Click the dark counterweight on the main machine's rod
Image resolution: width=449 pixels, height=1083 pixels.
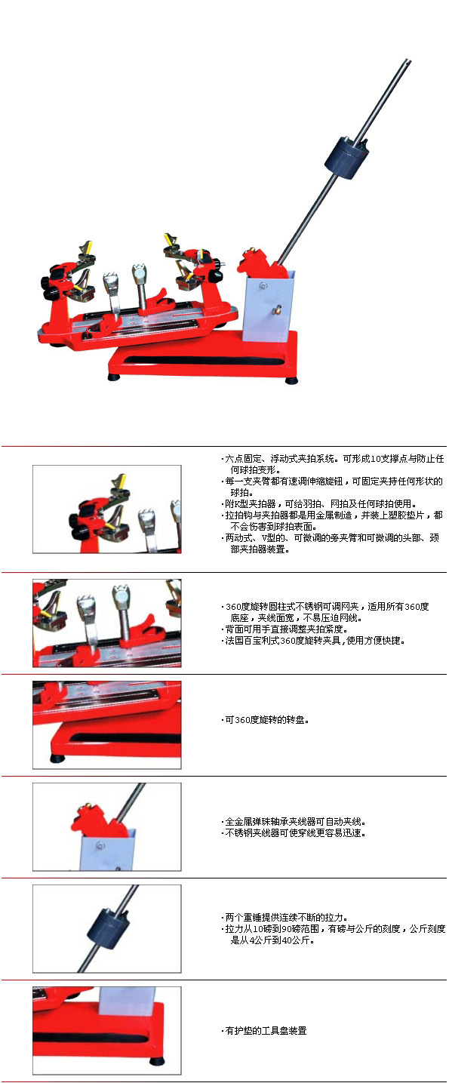[346, 155]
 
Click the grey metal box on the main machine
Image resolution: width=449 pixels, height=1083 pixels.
[269, 305]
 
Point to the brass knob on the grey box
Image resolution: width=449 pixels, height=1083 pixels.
[277, 310]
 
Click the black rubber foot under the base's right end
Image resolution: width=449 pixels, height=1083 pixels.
[291, 380]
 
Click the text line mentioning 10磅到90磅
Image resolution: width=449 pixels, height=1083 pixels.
[335, 929]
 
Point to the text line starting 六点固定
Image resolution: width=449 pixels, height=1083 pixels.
[333, 458]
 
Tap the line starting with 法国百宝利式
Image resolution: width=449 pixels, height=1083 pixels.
[313, 641]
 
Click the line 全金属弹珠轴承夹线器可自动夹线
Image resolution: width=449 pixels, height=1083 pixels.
[294, 821]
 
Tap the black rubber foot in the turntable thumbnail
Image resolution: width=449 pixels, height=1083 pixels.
[57, 758]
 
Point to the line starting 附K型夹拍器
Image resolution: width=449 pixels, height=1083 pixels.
[319, 504]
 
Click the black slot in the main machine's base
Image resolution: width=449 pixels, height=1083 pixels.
[203, 360]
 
